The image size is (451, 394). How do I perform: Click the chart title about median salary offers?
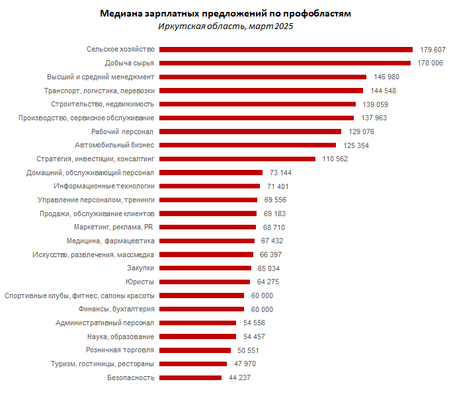[225, 14]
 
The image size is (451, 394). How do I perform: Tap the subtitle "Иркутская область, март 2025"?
[225, 26]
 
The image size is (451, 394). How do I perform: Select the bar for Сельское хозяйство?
[286, 49]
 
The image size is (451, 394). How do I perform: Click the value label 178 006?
[431, 63]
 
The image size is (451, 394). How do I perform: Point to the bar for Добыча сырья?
[285, 63]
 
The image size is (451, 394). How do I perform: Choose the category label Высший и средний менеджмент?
[101, 77]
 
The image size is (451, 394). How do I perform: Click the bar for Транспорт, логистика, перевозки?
[261, 91]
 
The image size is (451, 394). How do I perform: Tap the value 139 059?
[376, 104]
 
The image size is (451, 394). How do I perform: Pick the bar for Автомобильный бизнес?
[248, 145]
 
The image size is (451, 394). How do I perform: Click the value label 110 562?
[335, 159]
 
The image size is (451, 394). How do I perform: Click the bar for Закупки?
[206, 268]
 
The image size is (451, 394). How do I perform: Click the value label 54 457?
[255, 336]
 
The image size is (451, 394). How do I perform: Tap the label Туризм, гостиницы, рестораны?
[102, 364]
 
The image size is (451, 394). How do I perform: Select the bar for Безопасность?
[190, 377]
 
